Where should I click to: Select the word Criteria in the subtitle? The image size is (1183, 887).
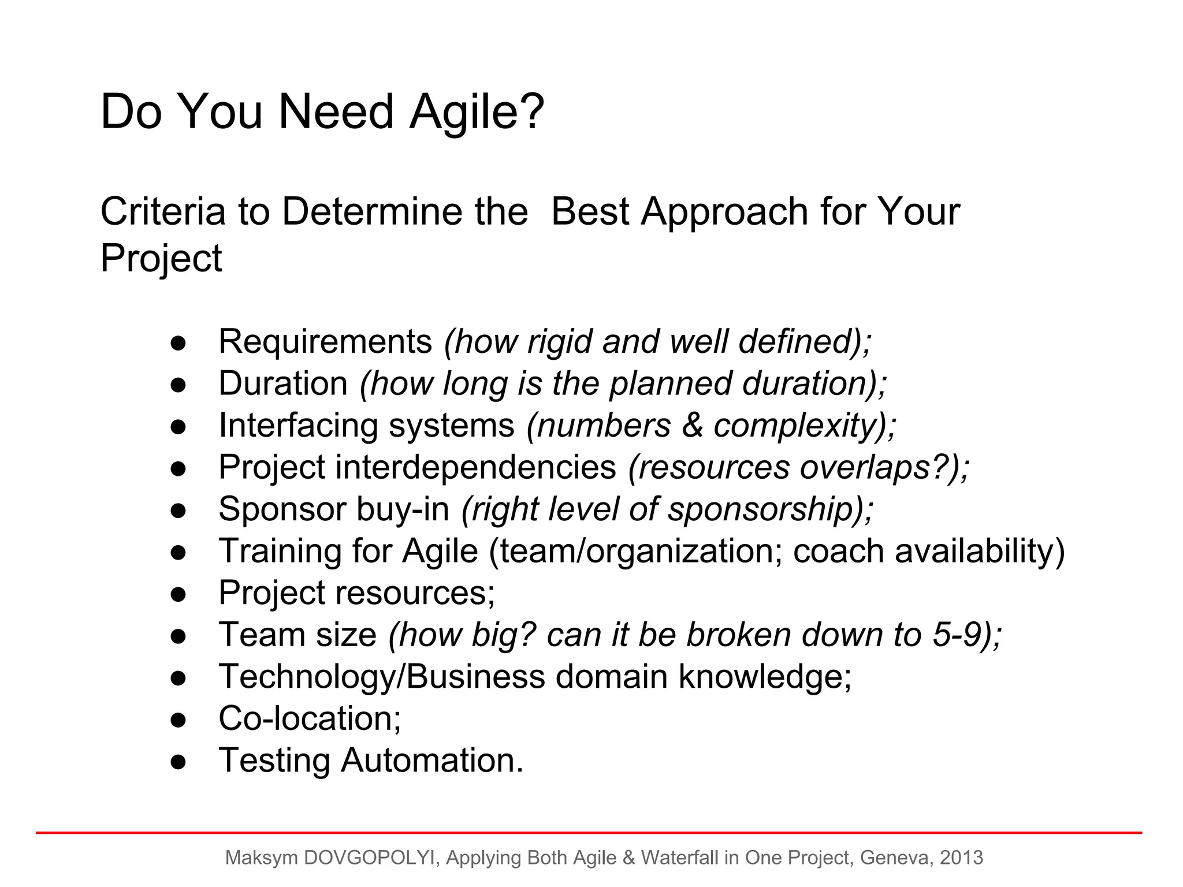coord(162,211)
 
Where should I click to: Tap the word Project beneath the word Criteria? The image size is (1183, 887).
coord(161,258)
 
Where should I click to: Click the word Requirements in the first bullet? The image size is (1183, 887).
coord(325,341)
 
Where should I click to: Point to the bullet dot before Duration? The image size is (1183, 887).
coord(178,385)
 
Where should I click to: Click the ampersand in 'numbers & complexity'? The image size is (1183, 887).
coord(692,426)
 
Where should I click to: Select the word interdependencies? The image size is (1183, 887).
coord(475,467)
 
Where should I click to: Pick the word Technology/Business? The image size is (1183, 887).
coord(381,677)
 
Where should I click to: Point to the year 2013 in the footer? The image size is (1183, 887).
coord(961,858)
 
